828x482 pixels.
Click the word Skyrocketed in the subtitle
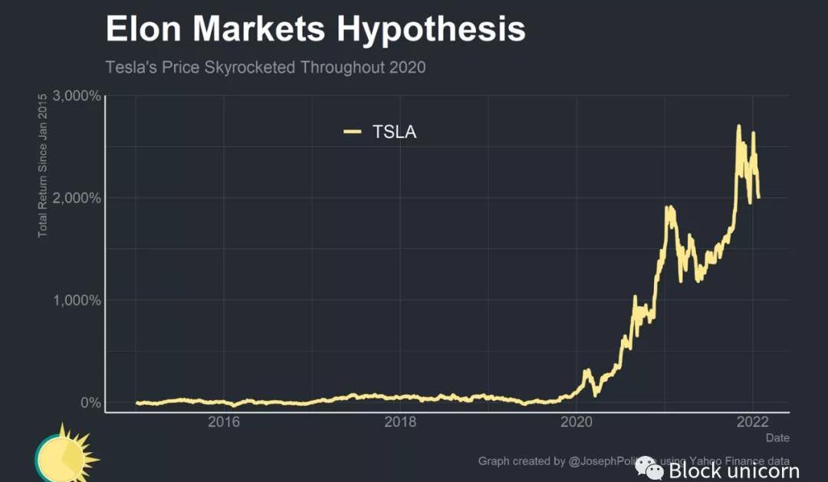251,67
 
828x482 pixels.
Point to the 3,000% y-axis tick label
77,96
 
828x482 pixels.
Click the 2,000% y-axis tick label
77,198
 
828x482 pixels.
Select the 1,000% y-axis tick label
77,300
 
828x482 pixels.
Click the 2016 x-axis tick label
224,422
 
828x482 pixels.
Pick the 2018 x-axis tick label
400,422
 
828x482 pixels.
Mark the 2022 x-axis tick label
753,422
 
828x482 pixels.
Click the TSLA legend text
394,132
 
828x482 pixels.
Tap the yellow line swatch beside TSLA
352,132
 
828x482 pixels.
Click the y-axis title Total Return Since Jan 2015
43,165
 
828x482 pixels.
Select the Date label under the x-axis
777,438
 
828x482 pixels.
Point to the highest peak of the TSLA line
738,126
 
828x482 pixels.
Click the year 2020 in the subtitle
407,67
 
